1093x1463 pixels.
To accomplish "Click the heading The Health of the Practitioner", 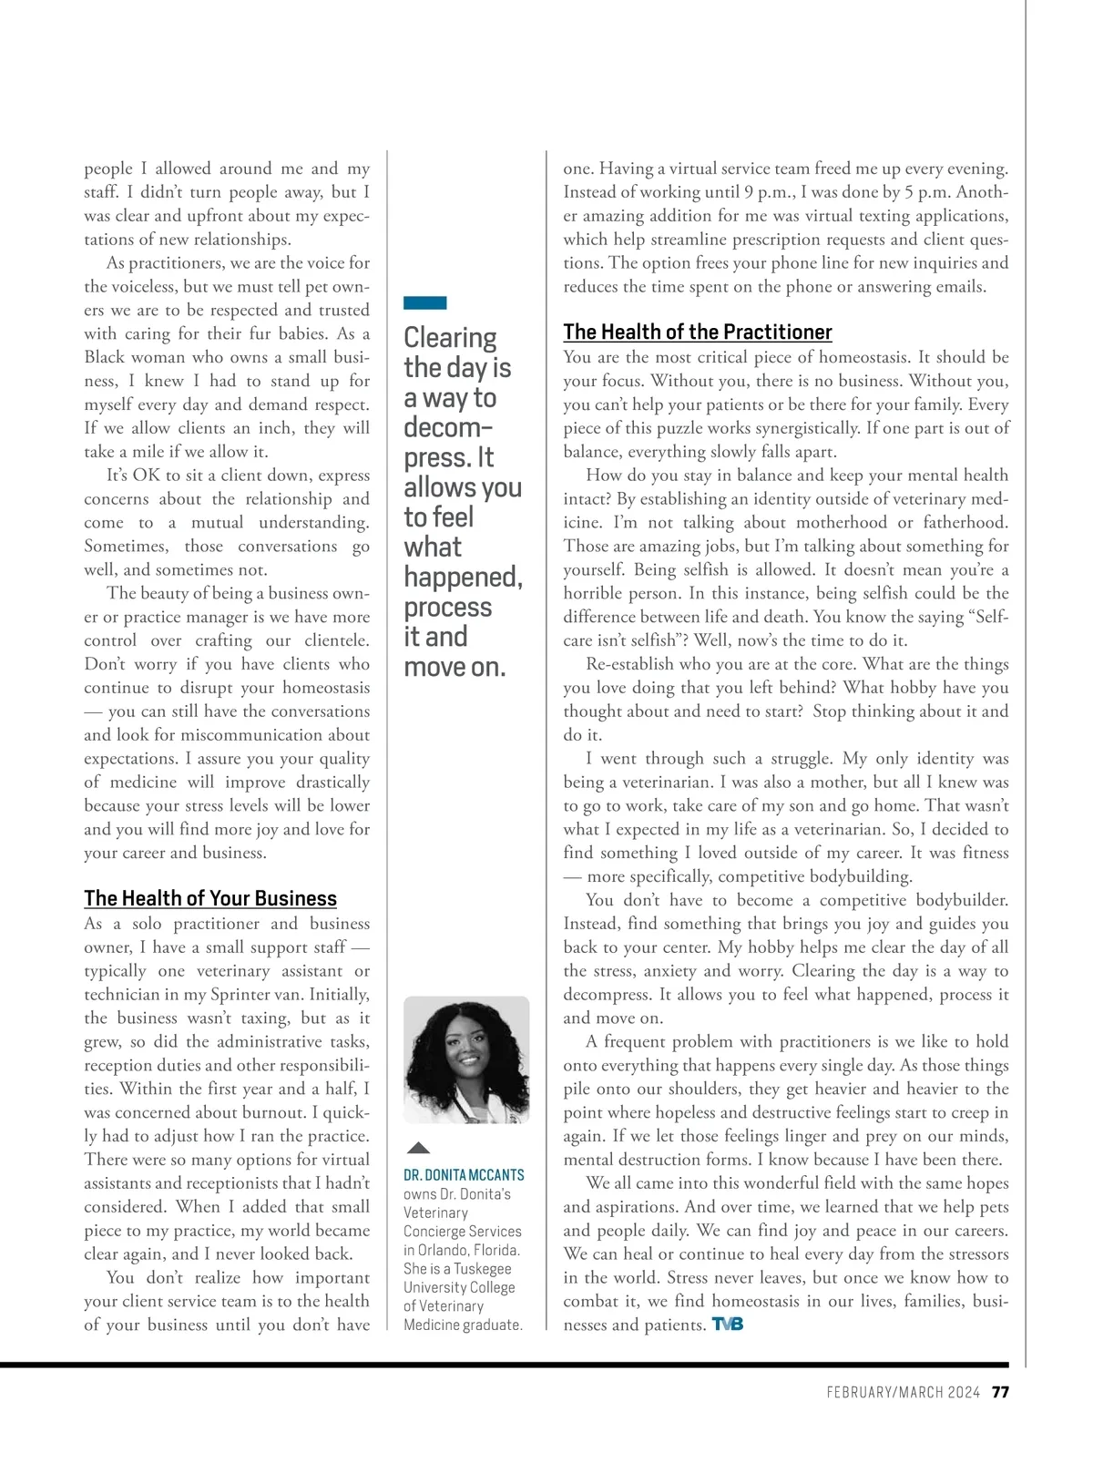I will [697, 332].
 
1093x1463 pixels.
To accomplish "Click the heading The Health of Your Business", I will [210, 898].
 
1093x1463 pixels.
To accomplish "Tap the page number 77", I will [1000, 1392].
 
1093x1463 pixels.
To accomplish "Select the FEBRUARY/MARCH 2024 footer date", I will [903, 1392].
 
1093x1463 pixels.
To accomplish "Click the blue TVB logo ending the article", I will [727, 1324].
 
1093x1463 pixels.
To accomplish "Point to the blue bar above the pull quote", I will [424, 302].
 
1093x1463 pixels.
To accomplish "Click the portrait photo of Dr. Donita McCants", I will [466, 1059].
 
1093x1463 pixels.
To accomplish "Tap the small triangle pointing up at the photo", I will [418, 1148].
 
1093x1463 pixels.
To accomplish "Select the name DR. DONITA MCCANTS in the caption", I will [464, 1175].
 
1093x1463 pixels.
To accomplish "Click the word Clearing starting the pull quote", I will [450, 338].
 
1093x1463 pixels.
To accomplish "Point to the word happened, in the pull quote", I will [463, 578].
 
